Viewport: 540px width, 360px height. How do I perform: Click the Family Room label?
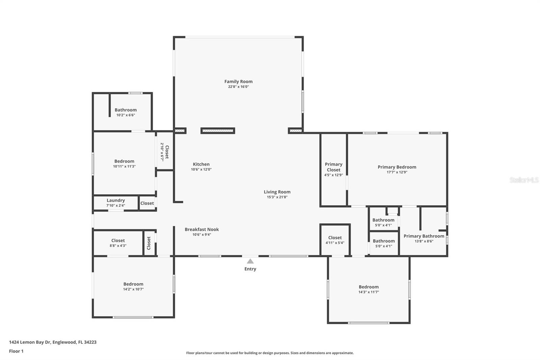[x=238, y=81]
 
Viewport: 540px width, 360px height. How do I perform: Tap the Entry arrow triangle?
[x=250, y=261]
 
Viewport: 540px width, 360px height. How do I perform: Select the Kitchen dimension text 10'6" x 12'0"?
[x=201, y=170]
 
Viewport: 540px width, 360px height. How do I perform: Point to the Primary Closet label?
[x=333, y=167]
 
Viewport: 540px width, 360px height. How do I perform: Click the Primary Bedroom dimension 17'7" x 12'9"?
[x=397, y=172]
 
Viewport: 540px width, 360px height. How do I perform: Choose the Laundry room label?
[x=116, y=200]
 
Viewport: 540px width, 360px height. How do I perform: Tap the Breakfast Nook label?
[x=201, y=229]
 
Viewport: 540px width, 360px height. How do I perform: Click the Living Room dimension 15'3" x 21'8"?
[x=277, y=197]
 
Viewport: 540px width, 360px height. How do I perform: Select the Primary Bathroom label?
[x=424, y=236]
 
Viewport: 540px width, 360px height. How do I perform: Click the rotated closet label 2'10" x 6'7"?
[x=164, y=152]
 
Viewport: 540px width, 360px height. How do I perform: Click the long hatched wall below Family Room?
[x=218, y=131]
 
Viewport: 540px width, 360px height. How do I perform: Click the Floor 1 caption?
[x=16, y=351]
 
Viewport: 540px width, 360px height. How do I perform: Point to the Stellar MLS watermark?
[x=524, y=180]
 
